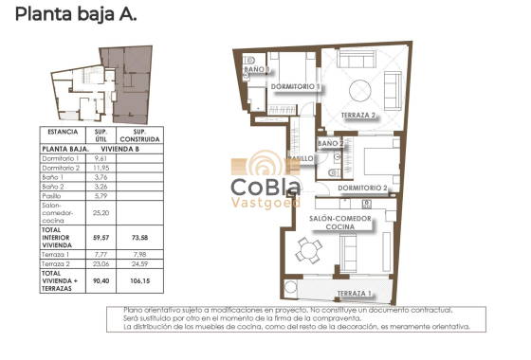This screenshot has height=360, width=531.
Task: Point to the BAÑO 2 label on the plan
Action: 331,143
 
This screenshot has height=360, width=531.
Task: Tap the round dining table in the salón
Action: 305,252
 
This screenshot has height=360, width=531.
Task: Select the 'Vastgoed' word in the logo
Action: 265,201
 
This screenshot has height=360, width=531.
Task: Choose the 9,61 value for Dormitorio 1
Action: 101,158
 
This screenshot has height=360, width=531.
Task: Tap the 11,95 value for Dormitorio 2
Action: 101,168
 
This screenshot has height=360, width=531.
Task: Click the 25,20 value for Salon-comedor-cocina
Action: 101,214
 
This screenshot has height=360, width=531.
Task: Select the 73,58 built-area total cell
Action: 138,237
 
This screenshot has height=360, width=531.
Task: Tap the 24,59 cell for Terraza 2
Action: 138,264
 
